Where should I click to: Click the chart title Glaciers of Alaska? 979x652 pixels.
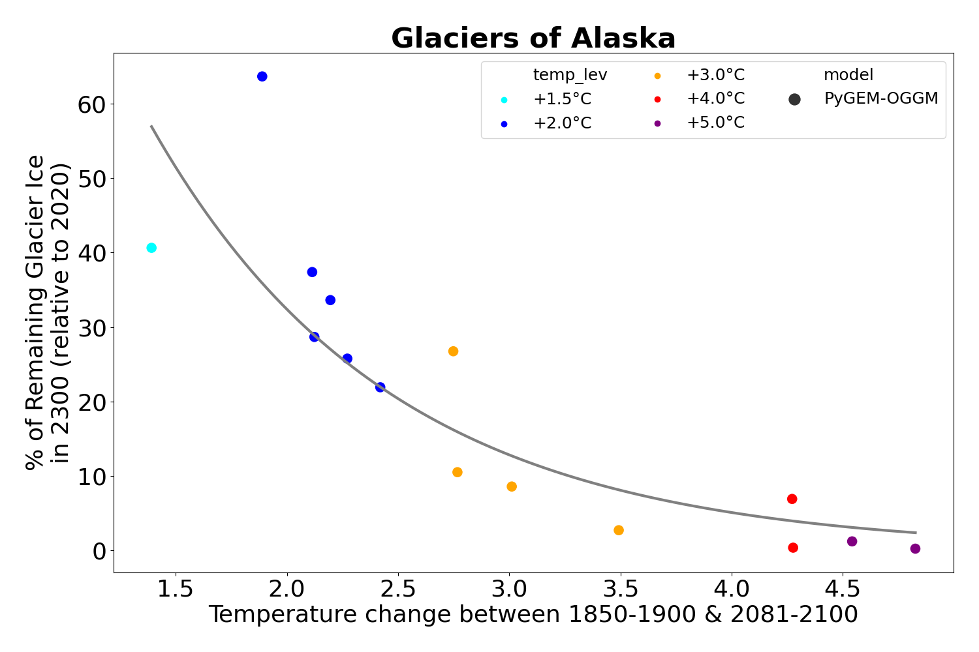[x=533, y=38]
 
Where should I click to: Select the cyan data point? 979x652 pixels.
[x=151, y=248]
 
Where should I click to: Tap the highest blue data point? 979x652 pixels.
[x=262, y=76]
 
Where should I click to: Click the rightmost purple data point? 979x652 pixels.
[x=915, y=549]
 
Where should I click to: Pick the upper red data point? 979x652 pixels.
[x=792, y=499]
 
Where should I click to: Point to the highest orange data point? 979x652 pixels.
[x=453, y=351]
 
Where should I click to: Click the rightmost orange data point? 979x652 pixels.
[x=619, y=530]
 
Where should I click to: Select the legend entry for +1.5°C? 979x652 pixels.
[x=562, y=99]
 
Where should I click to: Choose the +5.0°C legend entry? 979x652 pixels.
[x=715, y=123]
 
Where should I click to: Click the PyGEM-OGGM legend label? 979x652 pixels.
[x=881, y=99]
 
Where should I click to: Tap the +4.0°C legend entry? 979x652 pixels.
[x=715, y=99]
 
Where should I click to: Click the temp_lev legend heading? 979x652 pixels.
[x=570, y=75]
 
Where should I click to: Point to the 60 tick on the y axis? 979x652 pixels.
[x=91, y=104]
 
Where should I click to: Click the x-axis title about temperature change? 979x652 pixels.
[x=533, y=615]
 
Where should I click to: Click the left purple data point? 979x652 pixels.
[x=852, y=541]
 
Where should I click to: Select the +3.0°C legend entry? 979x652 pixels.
[x=715, y=75]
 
